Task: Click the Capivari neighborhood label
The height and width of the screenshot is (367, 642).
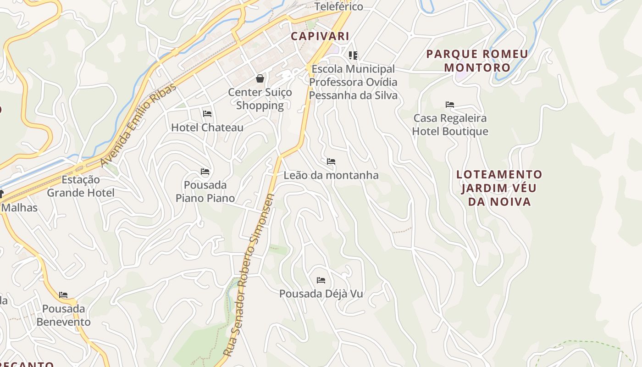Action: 320,36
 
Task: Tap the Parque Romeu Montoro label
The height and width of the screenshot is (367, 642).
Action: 477,61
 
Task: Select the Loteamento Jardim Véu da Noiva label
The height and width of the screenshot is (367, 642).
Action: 499,188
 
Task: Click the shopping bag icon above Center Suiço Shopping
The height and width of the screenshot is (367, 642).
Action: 260,78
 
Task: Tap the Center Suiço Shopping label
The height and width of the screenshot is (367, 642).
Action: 260,99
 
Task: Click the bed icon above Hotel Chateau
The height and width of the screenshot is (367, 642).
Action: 207,113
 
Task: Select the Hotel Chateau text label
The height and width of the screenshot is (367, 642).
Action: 207,128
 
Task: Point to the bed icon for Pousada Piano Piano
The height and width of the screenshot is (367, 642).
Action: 205,172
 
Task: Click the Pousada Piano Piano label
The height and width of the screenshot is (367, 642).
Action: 205,192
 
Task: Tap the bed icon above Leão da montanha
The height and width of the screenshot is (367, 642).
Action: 331,161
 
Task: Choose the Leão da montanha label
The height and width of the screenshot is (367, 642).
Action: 331,175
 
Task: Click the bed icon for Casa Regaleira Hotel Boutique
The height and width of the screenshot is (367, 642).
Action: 450,105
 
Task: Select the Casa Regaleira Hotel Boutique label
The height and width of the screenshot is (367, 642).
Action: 450,125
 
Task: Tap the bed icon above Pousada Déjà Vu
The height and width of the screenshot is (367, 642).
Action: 321,280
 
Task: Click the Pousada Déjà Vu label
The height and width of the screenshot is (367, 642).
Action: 321,294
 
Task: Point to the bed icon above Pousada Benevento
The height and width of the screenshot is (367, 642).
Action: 63,295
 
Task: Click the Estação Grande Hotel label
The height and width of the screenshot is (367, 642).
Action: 81,186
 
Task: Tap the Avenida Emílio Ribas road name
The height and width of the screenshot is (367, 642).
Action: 138,125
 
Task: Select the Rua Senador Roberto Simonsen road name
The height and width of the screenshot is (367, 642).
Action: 249,275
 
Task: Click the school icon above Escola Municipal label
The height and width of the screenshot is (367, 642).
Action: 353,56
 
